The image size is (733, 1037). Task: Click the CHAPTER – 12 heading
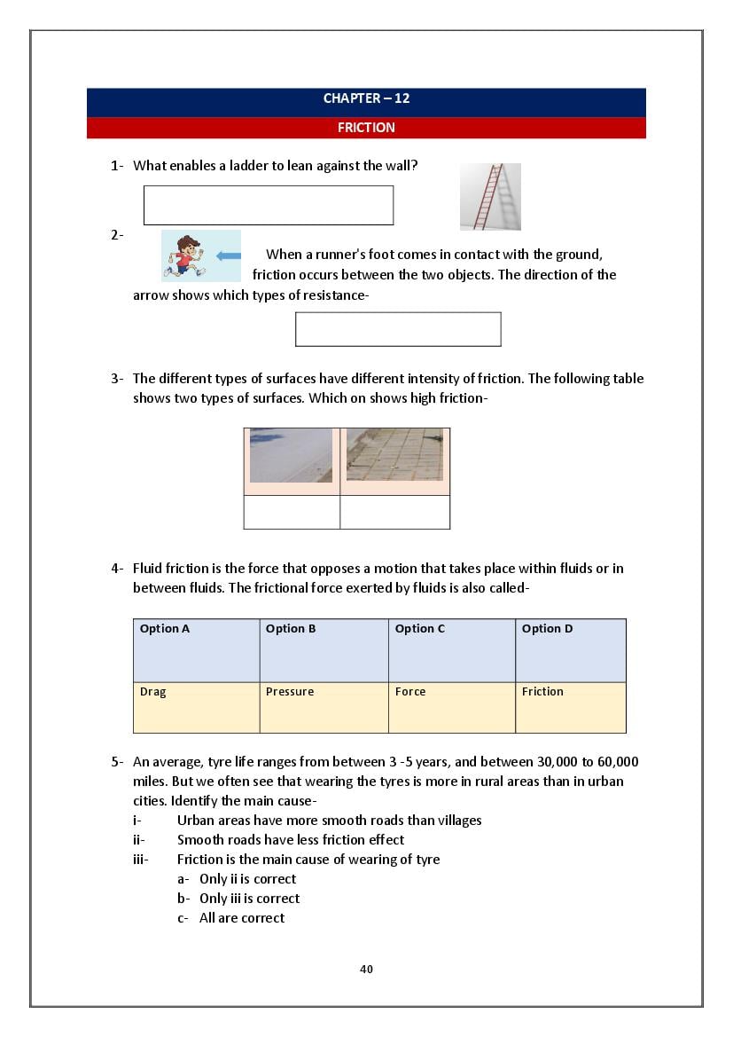click(366, 98)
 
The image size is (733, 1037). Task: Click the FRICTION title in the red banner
click(366, 128)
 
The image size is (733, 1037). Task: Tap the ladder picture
click(490, 196)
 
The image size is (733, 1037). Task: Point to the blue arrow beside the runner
click(229, 256)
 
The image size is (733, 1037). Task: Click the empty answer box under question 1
click(268, 205)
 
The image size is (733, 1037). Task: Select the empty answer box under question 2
click(398, 329)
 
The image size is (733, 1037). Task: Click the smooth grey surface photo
click(291, 455)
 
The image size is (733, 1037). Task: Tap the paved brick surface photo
click(394, 454)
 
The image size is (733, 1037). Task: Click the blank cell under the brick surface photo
click(394, 512)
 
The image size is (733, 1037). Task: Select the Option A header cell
click(196, 650)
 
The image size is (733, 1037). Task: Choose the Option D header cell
click(570, 650)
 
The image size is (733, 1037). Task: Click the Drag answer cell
click(196, 707)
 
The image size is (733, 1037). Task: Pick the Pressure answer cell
click(324, 707)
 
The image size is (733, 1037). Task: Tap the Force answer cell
click(451, 707)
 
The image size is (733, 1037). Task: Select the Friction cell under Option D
click(570, 707)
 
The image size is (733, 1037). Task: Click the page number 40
click(366, 969)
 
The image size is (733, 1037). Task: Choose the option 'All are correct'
click(241, 918)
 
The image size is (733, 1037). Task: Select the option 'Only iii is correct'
click(249, 899)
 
